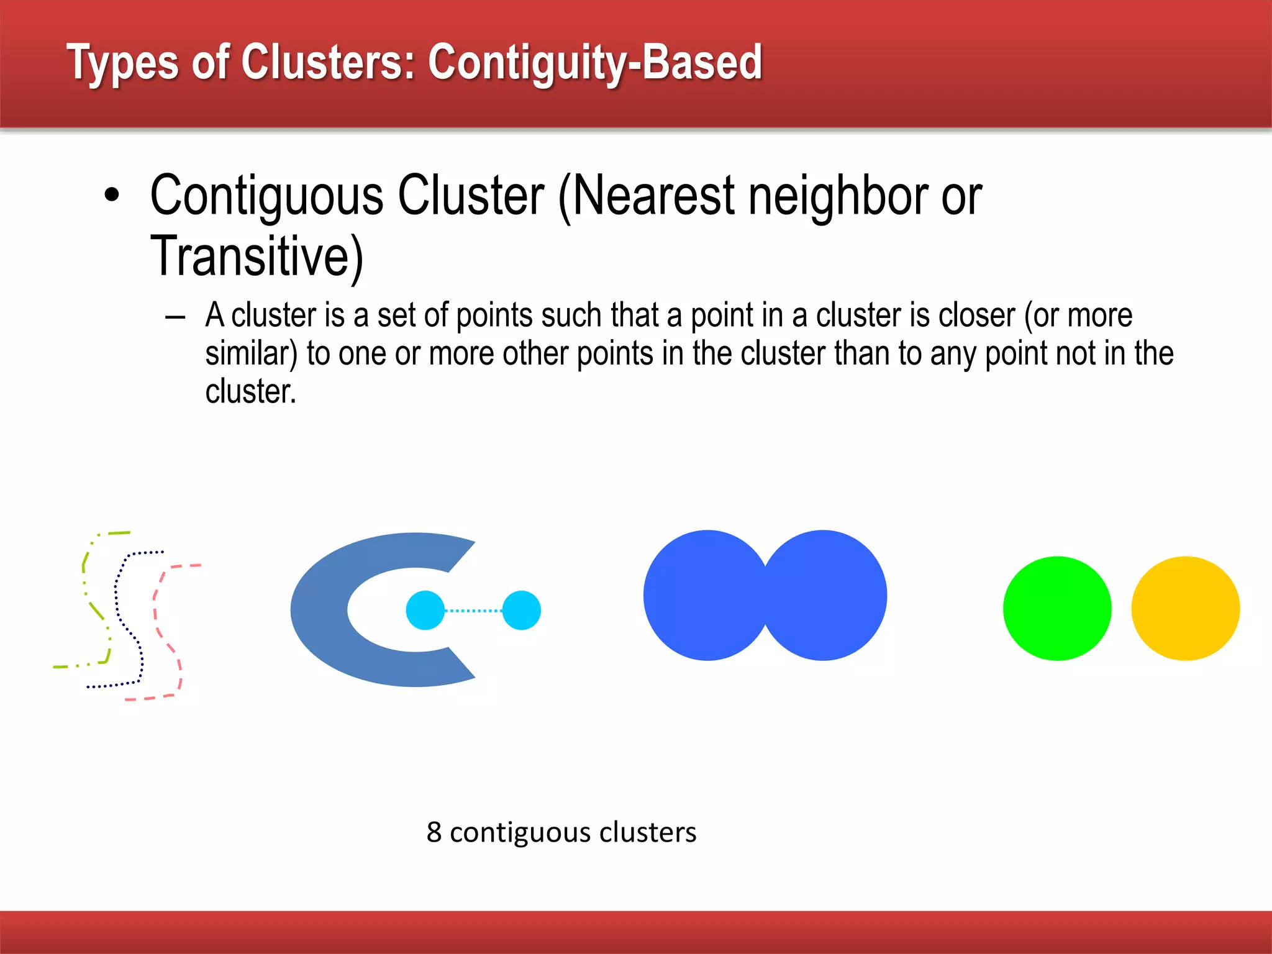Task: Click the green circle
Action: tap(1057, 608)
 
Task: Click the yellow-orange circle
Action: tap(1185, 608)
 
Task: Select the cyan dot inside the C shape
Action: tap(425, 610)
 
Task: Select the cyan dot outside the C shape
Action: tap(521, 610)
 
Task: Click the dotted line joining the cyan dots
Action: tap(473, 611)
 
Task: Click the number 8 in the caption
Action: tap(434, 832)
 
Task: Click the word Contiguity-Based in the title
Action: tap(594, 63)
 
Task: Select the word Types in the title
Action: tap(122, 63)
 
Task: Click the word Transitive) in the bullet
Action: tap(256, 256)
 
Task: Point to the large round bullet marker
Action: tap(112, 195)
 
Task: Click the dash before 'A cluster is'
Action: tap(176, 317)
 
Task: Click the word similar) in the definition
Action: tap(251, 353)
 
